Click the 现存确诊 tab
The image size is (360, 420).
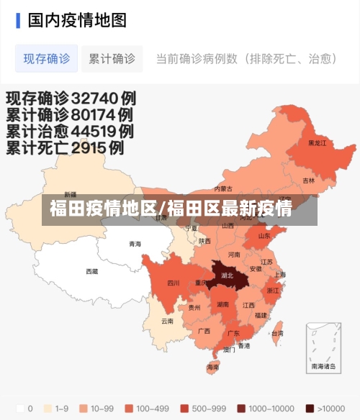pos(47,58)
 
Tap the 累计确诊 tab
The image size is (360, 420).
pos(112,58)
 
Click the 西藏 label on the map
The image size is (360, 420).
pos(92,272)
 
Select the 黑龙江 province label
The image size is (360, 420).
pos(317,143)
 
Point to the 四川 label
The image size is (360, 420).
pos(173,283)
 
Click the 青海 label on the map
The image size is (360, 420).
pos(135,244)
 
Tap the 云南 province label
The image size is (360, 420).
pos(167,321)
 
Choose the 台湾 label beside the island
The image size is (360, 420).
pos(276,333)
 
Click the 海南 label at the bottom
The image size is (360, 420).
pos(212,367)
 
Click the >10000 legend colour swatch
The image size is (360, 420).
pos(310,408)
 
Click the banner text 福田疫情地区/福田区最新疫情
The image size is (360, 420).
pos(171,210)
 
